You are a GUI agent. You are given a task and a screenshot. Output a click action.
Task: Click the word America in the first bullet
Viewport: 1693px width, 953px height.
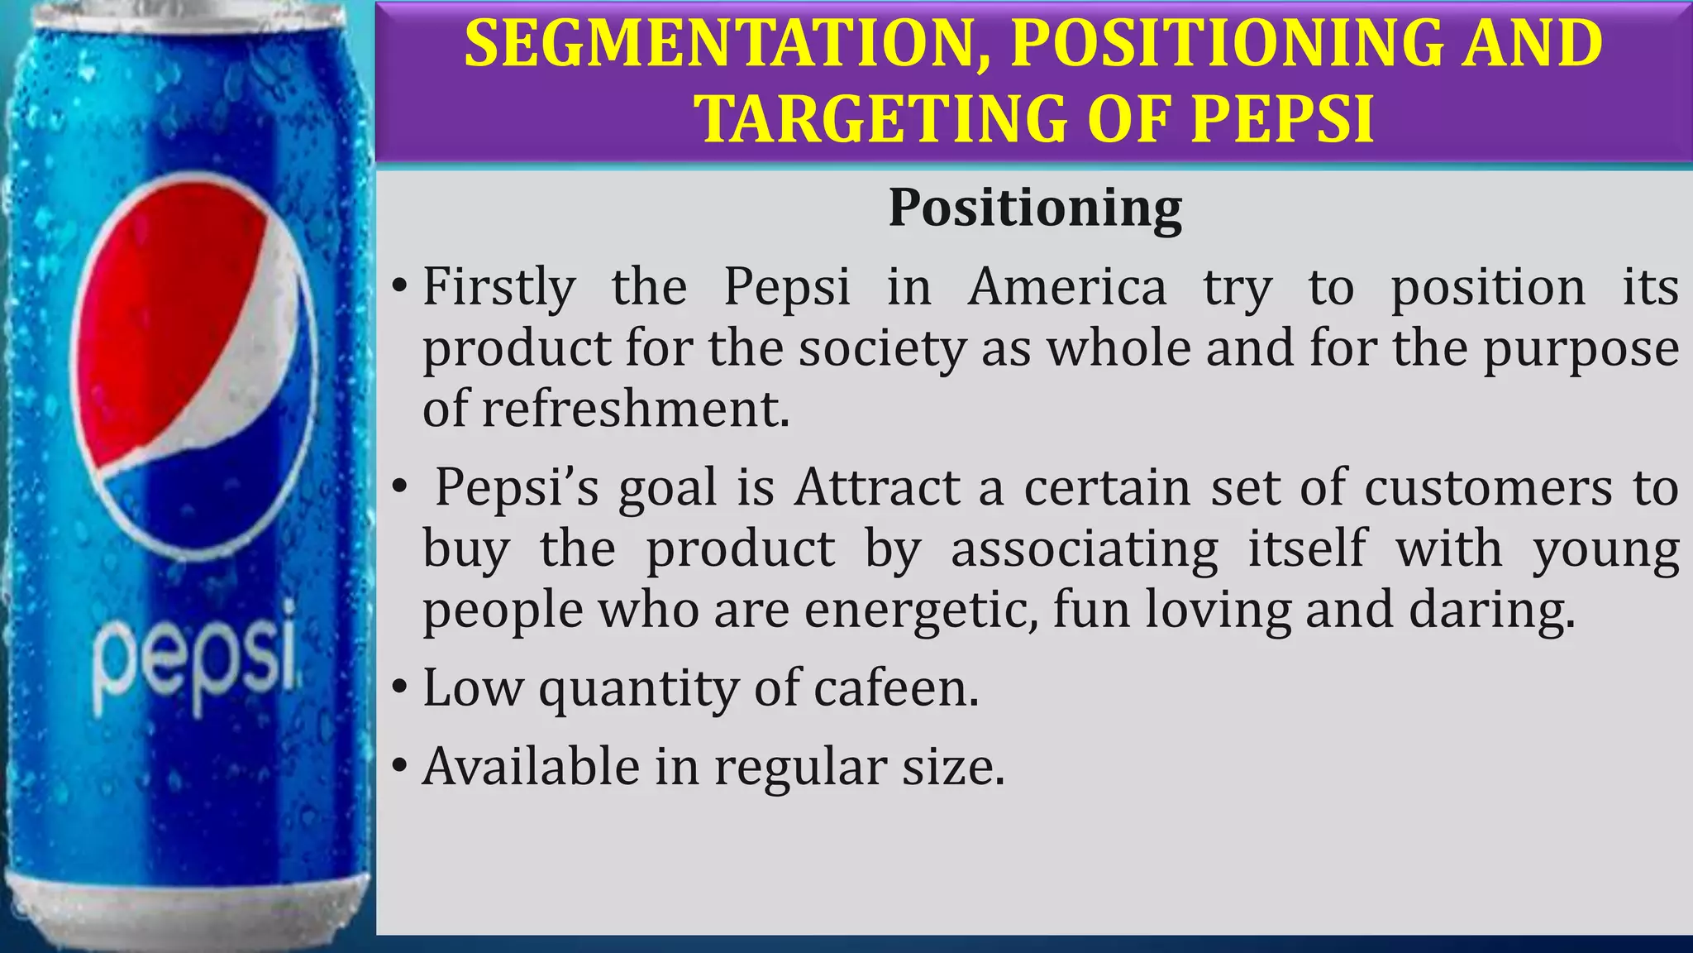click(x=1067, y=287)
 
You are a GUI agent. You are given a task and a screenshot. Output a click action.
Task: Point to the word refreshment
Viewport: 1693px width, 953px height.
click(x=635, y=409)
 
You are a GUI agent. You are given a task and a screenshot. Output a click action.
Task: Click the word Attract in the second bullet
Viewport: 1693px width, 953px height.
click(x=877, y=487)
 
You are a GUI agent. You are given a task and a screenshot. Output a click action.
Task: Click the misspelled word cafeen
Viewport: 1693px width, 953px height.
click(x=895, y=688)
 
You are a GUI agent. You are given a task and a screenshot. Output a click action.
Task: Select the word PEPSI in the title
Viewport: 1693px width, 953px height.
click(x=1283, y=119)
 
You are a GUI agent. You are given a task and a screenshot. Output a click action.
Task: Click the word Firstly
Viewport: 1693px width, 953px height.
click(x=499, y=288)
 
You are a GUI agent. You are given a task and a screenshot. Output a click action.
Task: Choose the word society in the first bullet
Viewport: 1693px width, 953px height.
click(x=882, y=348)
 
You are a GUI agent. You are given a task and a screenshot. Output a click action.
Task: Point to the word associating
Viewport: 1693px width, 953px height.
click(x=1085, y=548)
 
